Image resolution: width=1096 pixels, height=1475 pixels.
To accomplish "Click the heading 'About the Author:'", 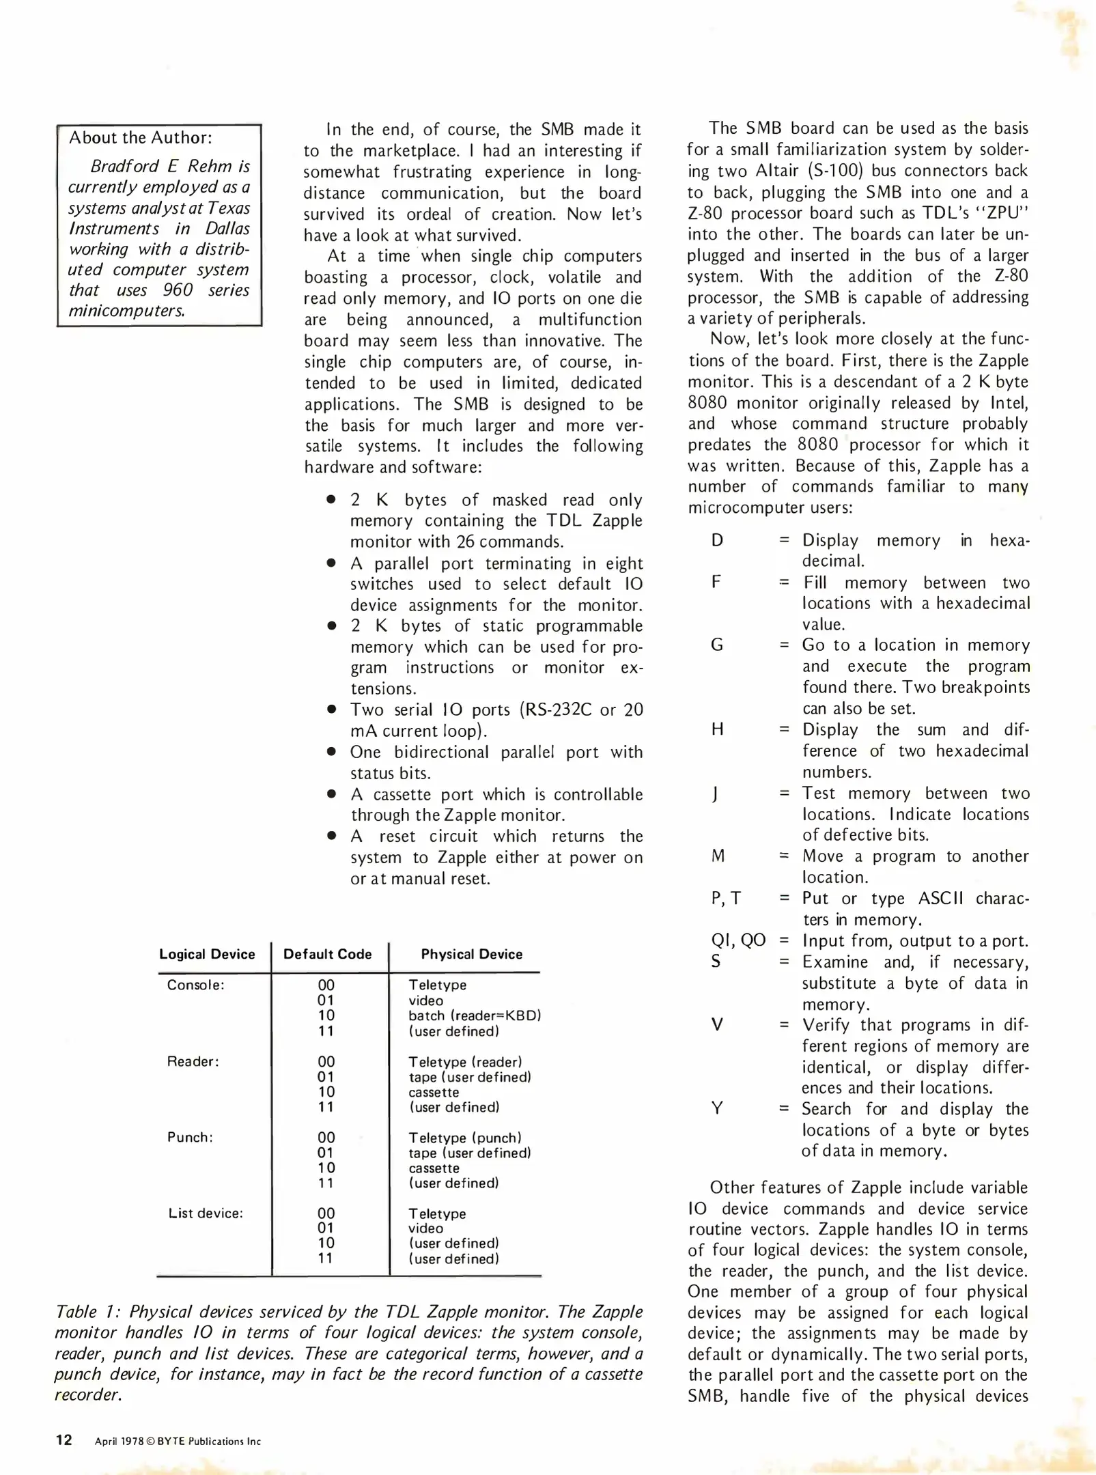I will (x=140, y=138).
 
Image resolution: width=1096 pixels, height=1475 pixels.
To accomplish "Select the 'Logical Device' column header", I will (x=207, y=954).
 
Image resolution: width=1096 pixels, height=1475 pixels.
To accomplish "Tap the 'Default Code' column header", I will (x=328, y=954).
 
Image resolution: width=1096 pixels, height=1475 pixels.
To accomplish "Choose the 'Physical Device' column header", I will (x=471, y=954).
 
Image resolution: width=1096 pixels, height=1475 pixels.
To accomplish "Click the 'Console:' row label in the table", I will (x=195, y=985).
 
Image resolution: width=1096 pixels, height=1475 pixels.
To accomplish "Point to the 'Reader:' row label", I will (x=193, y=1061).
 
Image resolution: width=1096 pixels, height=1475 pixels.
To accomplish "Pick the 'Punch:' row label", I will (x=190, y=1137).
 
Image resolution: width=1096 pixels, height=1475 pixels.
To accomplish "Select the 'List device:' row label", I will (x=206, y=1213).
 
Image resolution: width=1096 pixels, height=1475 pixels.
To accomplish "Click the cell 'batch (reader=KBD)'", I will (x=475, y=1015).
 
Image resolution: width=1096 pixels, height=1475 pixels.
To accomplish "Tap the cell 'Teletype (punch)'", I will (x=464, y=1138).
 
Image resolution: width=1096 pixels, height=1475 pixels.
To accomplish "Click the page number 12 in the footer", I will (x=64, y=1440).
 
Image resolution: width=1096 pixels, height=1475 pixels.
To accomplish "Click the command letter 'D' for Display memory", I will (x=717, y=540).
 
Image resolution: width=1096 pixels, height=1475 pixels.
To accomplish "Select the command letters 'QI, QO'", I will (x=737, y=940).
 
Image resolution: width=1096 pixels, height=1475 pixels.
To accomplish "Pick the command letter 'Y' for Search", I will (x=717, y=1108).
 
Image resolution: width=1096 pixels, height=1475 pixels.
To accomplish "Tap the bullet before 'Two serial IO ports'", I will (x=331, y=710).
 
